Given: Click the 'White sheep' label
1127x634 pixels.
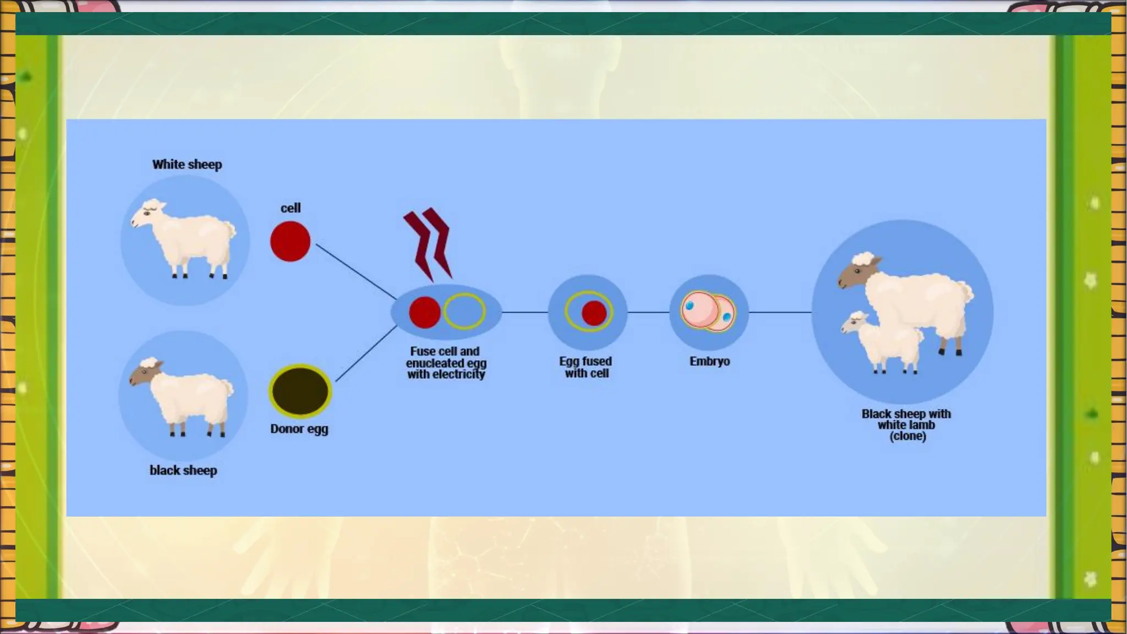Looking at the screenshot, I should click(x=187, y=165).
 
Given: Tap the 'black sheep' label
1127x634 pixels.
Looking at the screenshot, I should click(x=183, y=471).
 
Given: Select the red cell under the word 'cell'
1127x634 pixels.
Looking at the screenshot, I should click(x=290, y=242).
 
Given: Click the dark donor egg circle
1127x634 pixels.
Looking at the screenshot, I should click(x=300, y=391).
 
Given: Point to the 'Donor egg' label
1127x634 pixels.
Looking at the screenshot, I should click(x=299, y=429).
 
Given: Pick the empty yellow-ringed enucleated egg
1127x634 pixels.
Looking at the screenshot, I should click(x=464, y=311).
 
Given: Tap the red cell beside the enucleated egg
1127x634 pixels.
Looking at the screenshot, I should click(x=424, y=312).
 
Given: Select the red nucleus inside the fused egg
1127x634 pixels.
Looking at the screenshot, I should click(x=594, y=313).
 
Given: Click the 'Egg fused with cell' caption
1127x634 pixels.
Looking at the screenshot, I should click(x=586, y=367).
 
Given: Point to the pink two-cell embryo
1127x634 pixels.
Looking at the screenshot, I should click(x=708, y=311).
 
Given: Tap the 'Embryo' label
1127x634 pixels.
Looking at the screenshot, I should click(x=709, y=362).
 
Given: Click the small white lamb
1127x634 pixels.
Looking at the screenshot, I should click(x=883, y=342).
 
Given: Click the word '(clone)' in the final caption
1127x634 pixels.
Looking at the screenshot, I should click(x=907, y=436).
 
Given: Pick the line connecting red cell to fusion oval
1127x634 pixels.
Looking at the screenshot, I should click(x=356, y=272).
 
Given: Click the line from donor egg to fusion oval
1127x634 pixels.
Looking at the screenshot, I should click(x=366, y=353).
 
